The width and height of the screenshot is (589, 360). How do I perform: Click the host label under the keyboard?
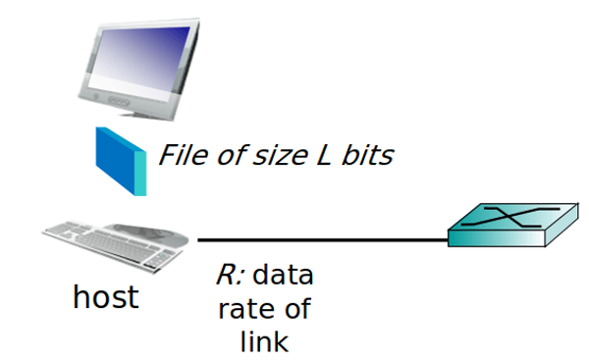click(x=105, y=297)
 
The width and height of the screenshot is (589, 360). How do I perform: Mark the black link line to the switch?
click(x=324, y=239)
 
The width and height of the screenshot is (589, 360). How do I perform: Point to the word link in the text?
click(x=263, y=342)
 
